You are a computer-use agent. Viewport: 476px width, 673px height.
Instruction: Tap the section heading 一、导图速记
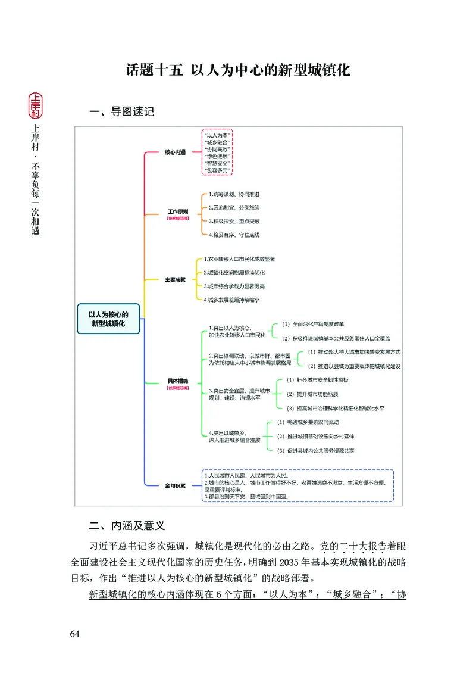121,111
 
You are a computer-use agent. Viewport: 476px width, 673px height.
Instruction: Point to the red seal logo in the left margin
35,105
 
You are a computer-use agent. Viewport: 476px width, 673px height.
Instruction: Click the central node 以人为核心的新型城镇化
109,318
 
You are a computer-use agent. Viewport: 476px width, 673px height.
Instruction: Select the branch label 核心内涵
175,152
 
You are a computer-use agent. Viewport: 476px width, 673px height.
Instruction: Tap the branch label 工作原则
178,212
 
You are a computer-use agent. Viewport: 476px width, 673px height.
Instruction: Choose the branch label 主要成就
175,279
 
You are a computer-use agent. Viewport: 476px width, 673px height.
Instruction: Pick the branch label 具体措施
178,380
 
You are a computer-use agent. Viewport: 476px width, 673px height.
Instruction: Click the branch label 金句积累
175,485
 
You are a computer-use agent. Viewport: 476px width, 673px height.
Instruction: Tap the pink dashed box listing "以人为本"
217,152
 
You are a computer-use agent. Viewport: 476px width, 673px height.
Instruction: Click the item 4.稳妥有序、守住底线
234,235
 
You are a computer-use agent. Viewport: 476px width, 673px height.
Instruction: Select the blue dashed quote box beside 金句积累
297,485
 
